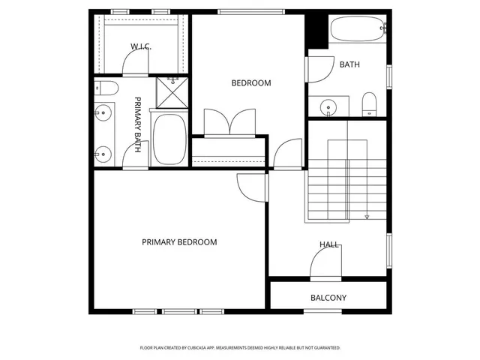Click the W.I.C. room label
point(140,46)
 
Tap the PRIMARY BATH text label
point(138,125)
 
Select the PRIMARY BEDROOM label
point(179,242)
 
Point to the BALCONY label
point(328,298)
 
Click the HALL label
point(329,244)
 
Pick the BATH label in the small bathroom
point(349,64)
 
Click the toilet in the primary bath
point(104,89)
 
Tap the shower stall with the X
point(172,91)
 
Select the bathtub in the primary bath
point(170,140)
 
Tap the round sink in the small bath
point(330,108)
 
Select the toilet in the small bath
point(368,104)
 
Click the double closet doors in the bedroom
point(229,122)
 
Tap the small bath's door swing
point(317,69)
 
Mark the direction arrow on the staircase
point(367,217)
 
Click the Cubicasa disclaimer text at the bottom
point(240,348)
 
